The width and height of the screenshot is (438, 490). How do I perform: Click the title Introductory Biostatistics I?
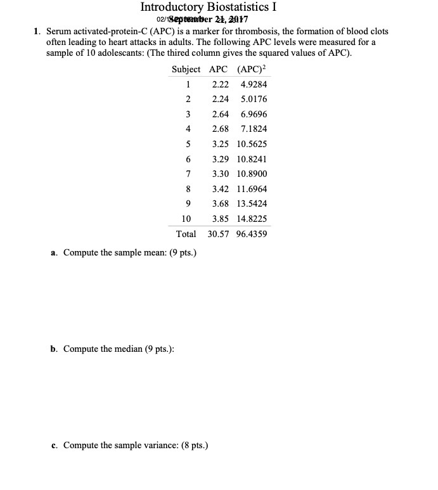coord(209,8)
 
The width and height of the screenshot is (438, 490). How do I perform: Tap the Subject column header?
coord(186,69)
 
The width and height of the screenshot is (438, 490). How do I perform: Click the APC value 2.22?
coord(220,84)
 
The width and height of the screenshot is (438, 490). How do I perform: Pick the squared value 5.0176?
coord(254,99)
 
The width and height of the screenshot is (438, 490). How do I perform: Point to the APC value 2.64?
coord(220,114)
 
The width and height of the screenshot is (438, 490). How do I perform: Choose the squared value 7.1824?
coord(254,129)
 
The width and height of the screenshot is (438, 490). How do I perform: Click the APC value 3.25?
coord(220,144)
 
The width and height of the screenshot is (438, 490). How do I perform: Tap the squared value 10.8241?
coord(252,158)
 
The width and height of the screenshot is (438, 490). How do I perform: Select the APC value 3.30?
coord(220,174)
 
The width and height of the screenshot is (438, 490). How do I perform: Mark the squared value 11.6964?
coord(252,188)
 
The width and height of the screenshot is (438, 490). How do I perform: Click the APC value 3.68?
coord(220,203)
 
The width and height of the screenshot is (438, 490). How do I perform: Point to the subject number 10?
coord(186,219)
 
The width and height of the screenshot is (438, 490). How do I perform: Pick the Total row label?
coord(186,234)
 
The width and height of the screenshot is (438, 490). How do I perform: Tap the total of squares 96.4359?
coord(252,234)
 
